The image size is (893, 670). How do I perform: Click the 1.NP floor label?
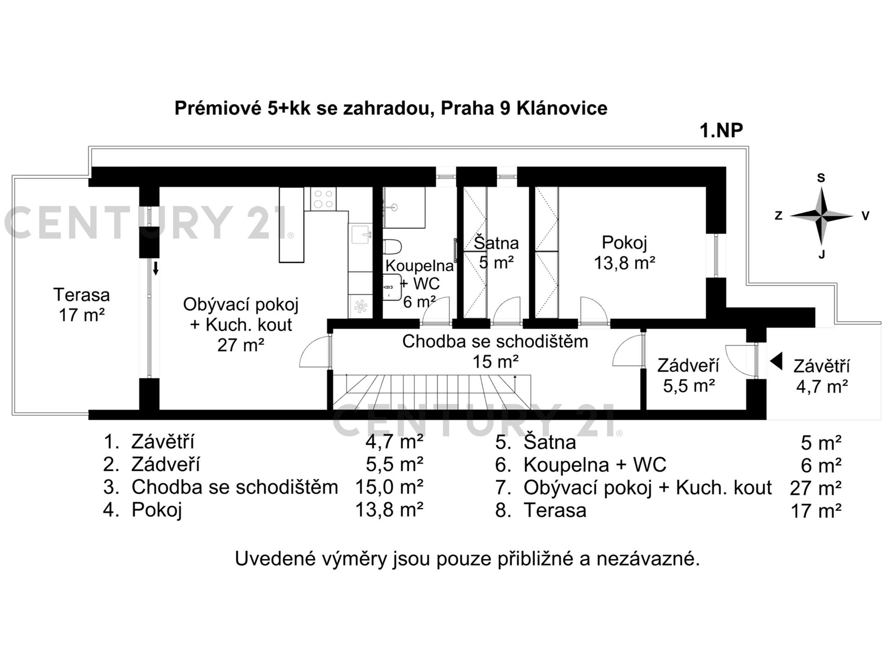point(721,130)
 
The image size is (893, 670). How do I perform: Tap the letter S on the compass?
point(821,178)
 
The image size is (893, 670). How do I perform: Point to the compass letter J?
point(822,254)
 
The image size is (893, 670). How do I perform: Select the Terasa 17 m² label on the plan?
point(82,305)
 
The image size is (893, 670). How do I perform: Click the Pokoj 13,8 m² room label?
point(625,253)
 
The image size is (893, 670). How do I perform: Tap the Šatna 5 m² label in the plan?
point(496,253)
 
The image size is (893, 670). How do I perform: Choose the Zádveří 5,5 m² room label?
point(688,375)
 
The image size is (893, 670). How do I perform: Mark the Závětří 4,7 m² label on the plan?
point(822,376)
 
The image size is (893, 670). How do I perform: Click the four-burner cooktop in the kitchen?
point(323,199)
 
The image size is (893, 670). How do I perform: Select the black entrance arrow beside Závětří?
point(776,362)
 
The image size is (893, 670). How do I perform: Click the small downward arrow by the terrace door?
point(156,268)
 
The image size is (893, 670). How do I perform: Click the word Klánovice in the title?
point(562,108)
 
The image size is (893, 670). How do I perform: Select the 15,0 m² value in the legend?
point(389,487)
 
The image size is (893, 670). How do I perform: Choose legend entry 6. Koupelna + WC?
point(581,465)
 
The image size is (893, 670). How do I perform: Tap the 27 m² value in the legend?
point(816,488)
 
